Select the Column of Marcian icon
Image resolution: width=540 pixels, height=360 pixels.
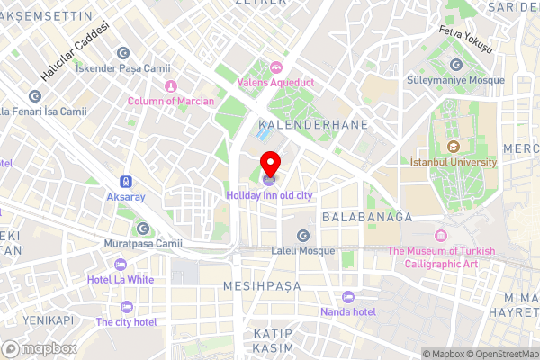point(171,86)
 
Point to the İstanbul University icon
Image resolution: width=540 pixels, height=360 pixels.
point(453,147)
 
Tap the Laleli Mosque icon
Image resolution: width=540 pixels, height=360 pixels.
point(303,236)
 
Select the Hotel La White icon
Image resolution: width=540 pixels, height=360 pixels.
point(121,264)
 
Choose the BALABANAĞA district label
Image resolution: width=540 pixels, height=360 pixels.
point(366,217)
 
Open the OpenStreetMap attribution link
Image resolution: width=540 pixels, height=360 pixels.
point(499,353)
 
